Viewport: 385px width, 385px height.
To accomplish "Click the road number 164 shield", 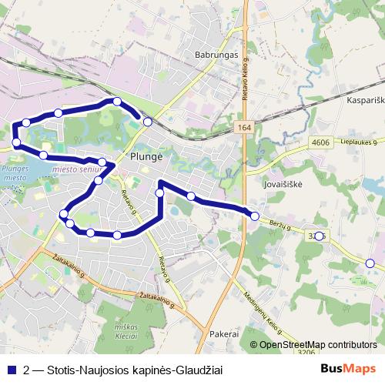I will (x=244, y=127).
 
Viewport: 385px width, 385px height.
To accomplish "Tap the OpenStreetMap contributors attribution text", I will (x=318, y=345).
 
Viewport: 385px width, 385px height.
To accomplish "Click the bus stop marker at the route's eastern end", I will (x=255, y=216).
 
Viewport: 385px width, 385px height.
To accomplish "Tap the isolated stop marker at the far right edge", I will (x=370, y=263).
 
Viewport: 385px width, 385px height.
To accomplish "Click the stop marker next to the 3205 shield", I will (x=320, y=235).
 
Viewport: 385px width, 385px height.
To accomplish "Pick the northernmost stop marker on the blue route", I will (x=116, y=102).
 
